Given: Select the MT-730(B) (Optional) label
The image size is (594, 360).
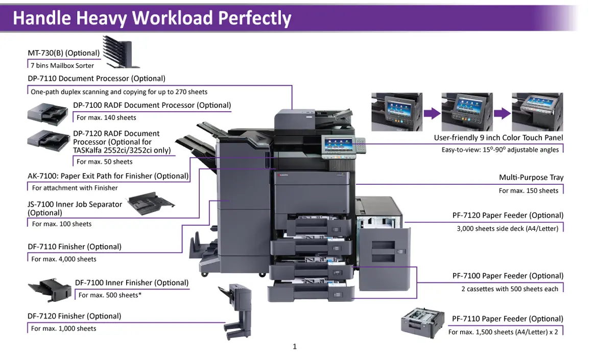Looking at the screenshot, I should coord(63,53).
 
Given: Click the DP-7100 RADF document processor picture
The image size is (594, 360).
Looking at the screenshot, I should coord(47,113).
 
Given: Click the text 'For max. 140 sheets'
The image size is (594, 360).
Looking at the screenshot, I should coord(106,117).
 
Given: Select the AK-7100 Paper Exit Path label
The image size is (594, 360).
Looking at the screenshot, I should coord(108,176).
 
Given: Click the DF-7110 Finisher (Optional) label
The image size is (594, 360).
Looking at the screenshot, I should coord(75,247).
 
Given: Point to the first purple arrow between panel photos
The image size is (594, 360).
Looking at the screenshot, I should coord(432,113).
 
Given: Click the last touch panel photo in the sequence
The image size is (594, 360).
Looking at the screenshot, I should coord(537,112).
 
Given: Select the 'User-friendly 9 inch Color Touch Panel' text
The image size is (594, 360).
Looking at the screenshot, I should coord(498,138).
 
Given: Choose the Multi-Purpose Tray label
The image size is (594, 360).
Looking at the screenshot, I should coord(531,178).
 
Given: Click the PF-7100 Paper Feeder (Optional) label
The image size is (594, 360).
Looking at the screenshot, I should coord(508,276).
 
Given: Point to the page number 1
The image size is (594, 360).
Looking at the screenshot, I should coord(295,347).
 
